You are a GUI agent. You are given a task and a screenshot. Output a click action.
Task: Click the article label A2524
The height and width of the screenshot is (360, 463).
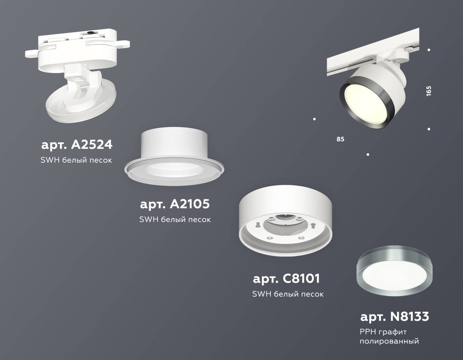77,145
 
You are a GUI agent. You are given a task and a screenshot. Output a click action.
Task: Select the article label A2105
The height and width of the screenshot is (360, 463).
175,204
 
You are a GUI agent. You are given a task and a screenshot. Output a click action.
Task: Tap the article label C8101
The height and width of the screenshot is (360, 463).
286,278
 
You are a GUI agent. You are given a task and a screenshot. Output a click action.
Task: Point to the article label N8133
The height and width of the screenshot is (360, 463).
395,317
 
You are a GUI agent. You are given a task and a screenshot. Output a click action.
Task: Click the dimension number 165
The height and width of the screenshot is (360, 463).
429,91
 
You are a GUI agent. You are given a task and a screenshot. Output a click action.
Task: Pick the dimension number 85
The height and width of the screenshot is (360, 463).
340,139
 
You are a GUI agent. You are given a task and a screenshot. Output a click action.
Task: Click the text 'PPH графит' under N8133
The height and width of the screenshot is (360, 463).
383,332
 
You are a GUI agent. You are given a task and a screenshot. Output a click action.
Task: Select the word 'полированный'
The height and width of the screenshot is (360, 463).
389,341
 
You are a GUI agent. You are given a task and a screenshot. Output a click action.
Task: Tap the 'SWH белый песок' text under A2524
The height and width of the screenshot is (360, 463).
76,160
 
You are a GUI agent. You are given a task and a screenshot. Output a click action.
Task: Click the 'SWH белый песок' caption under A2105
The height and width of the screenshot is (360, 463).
175,219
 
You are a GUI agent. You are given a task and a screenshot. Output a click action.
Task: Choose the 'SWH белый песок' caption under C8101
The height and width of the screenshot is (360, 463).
288,294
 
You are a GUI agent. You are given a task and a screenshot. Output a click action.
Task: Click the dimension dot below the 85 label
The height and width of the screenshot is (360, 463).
368,155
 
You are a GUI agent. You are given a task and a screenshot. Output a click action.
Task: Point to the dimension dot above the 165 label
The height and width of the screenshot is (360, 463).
429,50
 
